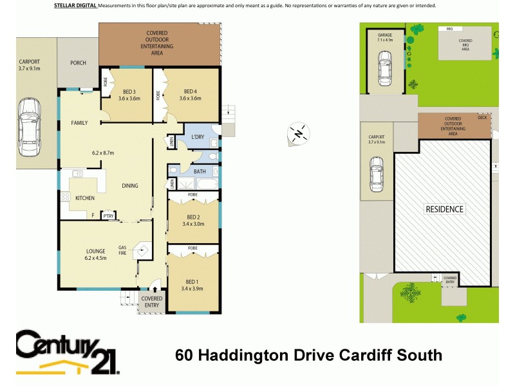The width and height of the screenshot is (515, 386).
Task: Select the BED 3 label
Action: tap(129, 91)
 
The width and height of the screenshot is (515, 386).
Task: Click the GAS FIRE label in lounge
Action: tap(122, 250)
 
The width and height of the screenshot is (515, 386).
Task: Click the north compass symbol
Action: tap(298, 133)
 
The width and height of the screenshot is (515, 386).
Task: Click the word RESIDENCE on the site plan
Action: tap(444, 209)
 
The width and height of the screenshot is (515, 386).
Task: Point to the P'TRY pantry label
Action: tap(108, 216)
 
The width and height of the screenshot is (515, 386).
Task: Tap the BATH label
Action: tap(200, 172)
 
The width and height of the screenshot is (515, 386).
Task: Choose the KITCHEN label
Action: tap(86, 198)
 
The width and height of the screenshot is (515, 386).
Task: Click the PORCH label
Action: tap(77, 64)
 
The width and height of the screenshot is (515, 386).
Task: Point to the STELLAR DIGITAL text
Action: tap(73, 5)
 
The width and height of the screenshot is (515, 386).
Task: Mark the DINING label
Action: tap(130, 186)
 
